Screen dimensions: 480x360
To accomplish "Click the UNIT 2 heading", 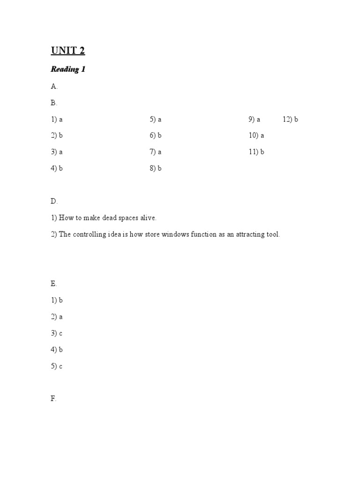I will coord(68,51).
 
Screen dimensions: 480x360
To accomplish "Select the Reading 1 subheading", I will coord(68,69).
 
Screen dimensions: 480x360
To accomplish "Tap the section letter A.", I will coord(54,86).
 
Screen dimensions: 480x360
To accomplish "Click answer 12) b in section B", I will coord(291,120).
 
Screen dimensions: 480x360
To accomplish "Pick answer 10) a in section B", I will coord(256,136).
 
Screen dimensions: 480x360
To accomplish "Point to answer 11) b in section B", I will coord(256,152).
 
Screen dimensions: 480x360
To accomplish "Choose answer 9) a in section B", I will coord(255,120).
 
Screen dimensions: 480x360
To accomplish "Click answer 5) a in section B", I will coord(156,120).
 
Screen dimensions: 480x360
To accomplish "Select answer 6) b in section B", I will coord(156,136).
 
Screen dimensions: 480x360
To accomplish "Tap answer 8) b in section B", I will coord(156,169).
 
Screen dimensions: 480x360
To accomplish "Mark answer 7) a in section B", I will coord(156,152).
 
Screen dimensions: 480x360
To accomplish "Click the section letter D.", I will coord(54,202).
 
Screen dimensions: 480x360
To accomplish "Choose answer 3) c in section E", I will coord(57,333).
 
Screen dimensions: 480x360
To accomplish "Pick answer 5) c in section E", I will coord(57,366).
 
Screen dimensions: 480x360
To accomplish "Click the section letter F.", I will coord(53,399).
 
